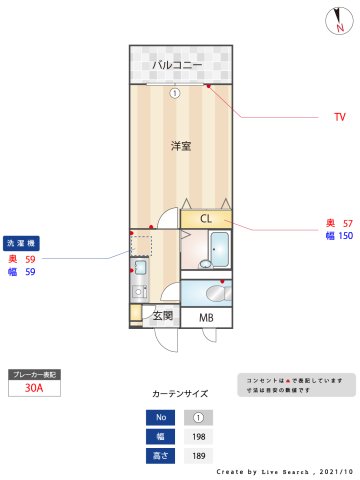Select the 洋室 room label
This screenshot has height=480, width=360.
pos(181,146)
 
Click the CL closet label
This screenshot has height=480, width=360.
pos(206,218)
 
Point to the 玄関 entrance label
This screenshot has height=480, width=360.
pos(162,316)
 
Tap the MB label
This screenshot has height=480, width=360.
pos(206,318)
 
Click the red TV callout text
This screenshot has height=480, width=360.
pos(340,117)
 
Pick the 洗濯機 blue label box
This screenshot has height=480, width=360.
pos(23,243)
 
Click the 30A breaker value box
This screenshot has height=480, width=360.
pos(35,389)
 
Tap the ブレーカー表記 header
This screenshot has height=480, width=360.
pos(35,374)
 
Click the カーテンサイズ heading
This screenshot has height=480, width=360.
pos(180,394)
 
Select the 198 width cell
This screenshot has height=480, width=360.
pos(198,436)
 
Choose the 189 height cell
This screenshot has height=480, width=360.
pos(198,456)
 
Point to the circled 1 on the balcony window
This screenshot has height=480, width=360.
pos(174,94)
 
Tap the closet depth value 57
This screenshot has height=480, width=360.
pos(347,223)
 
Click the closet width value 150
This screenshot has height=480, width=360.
pos(345,236)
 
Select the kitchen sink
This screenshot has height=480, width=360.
pos(140,267)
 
